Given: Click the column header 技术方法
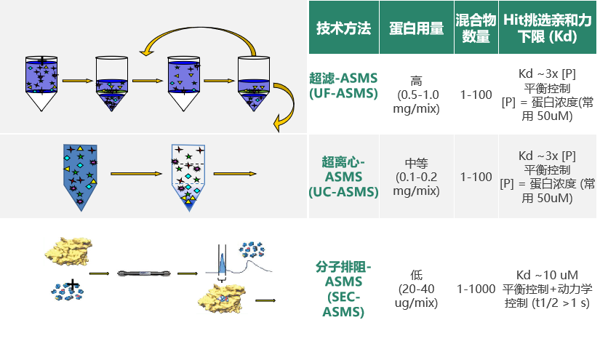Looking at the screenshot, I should (x=343, y=28).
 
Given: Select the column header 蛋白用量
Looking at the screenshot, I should (x=416, y=28).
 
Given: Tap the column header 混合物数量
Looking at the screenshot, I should (x=476, y=28).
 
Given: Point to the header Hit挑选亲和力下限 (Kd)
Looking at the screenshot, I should (x=549, y=28).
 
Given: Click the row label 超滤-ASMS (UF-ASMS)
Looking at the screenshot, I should (x=343, y=87).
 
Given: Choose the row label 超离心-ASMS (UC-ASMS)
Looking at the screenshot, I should (x=343, y=176).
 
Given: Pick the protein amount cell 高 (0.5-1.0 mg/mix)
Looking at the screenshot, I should (x=416, y=95).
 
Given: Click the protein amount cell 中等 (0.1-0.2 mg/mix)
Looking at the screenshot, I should (x=416, y=177).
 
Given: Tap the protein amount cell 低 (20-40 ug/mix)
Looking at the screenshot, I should (x=416, y=289).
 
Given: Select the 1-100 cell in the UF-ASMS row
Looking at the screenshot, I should (x=476, y=95).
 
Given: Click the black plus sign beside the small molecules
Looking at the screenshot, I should (x=73, y=284).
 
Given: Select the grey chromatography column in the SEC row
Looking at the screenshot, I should (x=145, y=274).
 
